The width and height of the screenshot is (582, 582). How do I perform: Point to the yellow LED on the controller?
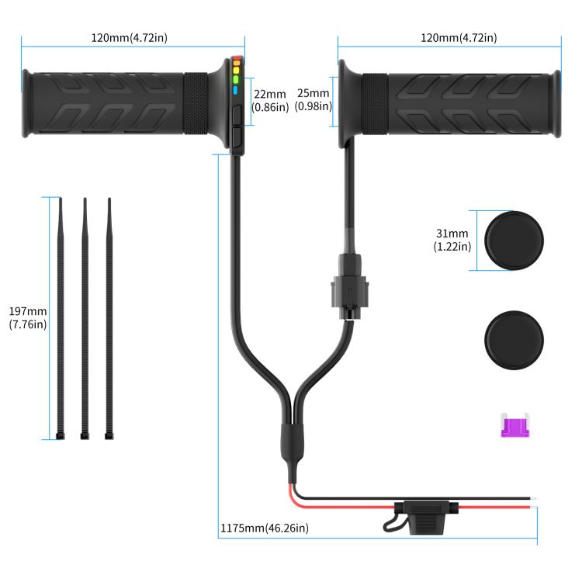236,69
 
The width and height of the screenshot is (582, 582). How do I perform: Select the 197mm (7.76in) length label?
27,318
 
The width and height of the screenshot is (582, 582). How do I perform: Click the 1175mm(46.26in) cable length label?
265,528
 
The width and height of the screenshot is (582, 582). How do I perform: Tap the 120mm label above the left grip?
130,37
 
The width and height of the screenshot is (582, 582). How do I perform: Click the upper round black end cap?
514,241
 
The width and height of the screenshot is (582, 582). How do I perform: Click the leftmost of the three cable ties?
61,318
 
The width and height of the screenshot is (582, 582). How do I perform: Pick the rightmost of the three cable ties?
109,318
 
